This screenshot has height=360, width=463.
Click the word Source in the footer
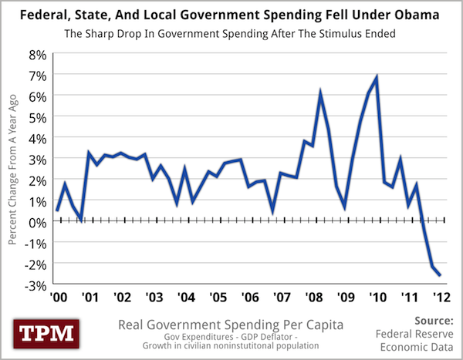[427, 319]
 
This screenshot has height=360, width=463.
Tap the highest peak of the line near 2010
[376, 77]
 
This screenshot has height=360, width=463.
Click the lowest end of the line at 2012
[440, 275]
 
